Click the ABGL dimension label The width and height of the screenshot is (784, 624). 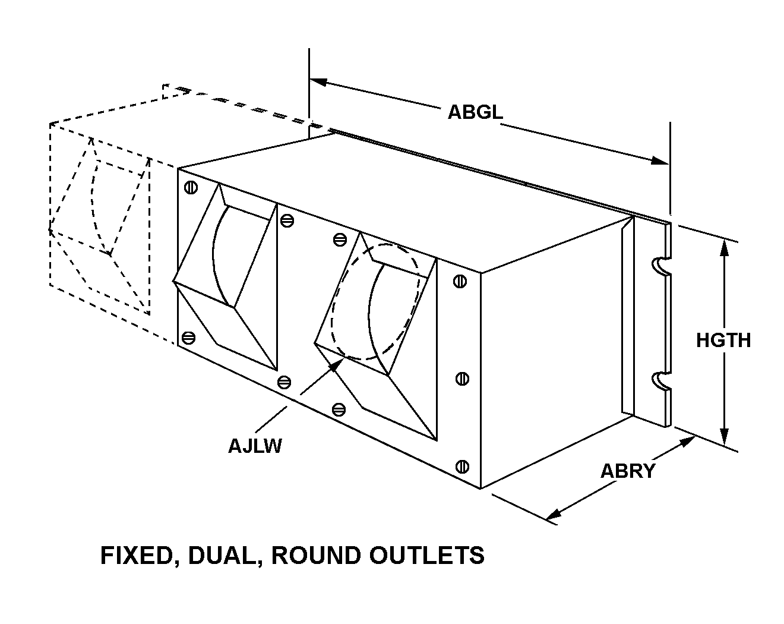click(475, 112)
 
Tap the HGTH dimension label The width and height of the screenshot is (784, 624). click(723, 340)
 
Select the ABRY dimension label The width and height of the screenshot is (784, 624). click(627, 471)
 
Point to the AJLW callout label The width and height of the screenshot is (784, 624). click(255, 445)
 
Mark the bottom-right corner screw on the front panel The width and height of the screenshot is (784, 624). click(462, 467)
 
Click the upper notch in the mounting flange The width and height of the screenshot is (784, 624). click(660, 267)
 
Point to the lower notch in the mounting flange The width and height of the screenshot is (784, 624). click(660, 381)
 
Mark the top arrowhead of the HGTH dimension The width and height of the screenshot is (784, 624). click(724, 246)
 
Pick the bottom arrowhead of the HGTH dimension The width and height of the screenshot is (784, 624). click(724, 437)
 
